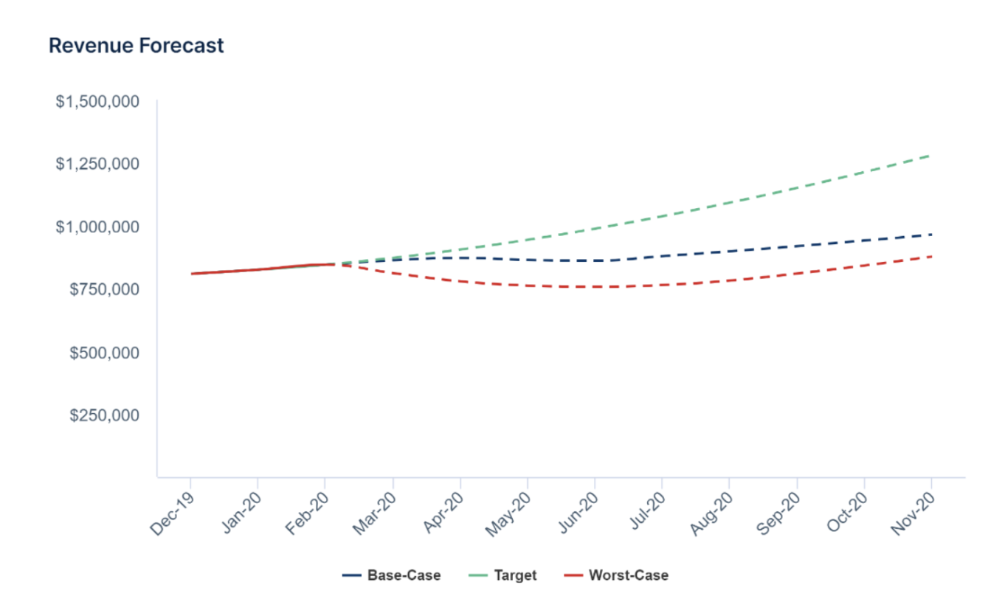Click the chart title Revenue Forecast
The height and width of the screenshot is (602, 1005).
[136, 46]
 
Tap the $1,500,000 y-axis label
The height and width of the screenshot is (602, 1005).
[97, 101]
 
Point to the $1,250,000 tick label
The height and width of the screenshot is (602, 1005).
[97, 164]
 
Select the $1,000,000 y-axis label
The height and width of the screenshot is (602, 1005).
[97, 226]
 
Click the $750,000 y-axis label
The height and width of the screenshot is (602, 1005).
[104, 289]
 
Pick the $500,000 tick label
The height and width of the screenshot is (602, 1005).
[104, 353]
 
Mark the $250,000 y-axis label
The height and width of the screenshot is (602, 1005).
[104, 415]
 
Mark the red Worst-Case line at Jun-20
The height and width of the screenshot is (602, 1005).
[595, 286]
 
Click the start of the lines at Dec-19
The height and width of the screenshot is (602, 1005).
[191, 274]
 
